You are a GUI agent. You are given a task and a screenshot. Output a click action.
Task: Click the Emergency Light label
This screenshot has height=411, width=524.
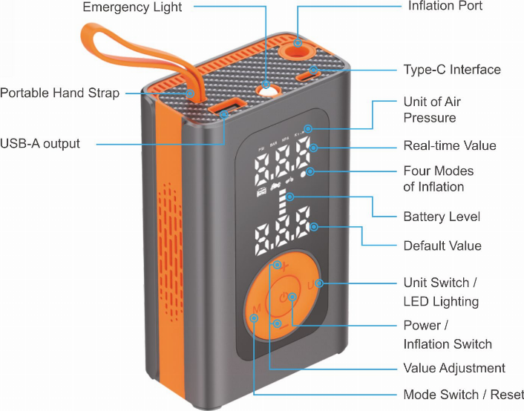pos(131,7)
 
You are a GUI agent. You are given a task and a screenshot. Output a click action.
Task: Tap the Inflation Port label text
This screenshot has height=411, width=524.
pos(445,6)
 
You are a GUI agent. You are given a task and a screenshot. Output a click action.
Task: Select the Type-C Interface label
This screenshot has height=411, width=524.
pos(452,70)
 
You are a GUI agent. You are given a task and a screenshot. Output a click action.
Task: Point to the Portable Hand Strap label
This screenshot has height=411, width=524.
pos(59,93)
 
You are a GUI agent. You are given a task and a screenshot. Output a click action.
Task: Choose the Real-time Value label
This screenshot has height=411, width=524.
pos(449,145)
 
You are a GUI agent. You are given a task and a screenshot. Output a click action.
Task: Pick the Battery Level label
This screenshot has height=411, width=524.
pos(442,217)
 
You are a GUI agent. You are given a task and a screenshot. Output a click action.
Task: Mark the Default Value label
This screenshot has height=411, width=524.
pos(442,246)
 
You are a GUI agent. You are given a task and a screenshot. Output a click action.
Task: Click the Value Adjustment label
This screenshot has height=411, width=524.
pos(453,368)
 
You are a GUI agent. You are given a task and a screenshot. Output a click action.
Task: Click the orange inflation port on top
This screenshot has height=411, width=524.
pos(298,45)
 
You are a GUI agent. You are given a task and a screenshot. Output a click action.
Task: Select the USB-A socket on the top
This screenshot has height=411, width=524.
pos(225,111)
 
